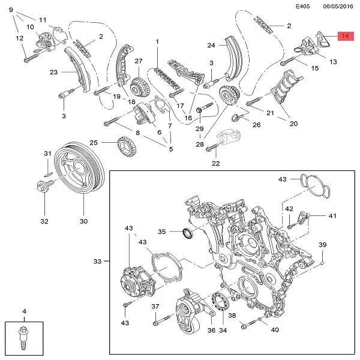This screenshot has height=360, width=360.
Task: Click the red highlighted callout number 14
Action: point(346,37)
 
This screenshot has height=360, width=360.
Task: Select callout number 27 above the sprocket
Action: point(138,61)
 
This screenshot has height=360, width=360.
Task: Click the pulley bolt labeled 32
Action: point(43,186)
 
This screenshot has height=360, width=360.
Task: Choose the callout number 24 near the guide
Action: point(211,45)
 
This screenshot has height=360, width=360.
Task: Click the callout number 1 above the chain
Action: point(157,42)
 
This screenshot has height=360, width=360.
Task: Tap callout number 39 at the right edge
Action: point(322,245)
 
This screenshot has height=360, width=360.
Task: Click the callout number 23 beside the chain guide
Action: point(53,73)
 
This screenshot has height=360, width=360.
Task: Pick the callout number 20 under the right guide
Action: point(293,124)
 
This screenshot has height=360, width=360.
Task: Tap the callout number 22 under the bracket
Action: point(216,163)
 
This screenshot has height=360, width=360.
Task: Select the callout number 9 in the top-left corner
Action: point(10,10)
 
